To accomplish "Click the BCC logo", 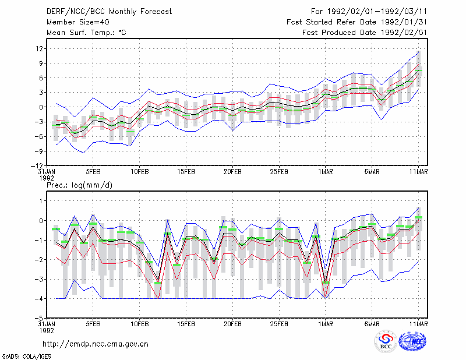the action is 386,341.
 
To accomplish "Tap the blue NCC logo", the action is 412,341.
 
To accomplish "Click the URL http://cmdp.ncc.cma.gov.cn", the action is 96,344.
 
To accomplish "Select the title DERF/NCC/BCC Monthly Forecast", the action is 109,12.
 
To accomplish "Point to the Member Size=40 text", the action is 78,22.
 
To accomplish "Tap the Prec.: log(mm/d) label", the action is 79,185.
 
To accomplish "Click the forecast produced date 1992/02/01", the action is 404,33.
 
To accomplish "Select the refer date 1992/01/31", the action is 404,22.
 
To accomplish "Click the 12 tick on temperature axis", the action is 39,48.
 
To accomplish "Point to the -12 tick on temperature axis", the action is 37,165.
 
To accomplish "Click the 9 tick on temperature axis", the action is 41,63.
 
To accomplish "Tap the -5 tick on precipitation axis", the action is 39,318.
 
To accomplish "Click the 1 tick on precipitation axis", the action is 41,201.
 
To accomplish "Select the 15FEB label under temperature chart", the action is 186,172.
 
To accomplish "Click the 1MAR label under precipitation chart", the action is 326,324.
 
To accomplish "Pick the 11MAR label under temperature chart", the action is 418,172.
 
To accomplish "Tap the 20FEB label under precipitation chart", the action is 232,324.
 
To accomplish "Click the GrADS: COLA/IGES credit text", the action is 26,357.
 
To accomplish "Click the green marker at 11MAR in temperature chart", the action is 418,70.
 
